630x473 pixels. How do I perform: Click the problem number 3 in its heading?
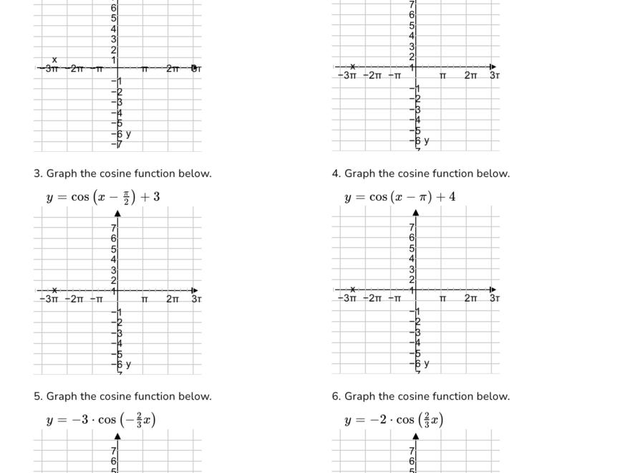pyautogui.click(x=37, y=173)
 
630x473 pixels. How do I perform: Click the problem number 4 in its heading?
pyautogui.click(x=335, y=173)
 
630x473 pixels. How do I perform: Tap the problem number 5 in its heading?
pyautogui.click(x=37, y=396)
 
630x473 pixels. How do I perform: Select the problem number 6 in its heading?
pyautogui.click(x=335, y=396)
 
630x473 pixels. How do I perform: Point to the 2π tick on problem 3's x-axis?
pyautogui.click(x=173, y=299)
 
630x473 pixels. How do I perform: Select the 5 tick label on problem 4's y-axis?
pyautogui.click(x=412, y=248)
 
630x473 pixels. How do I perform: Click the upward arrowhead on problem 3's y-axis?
pyautogui.click(x=117, y=213)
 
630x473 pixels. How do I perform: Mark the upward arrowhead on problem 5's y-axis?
pyautogui.click(x=117, y=436)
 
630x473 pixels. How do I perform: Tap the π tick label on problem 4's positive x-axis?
pyautogui.click(x=442, y=299)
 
